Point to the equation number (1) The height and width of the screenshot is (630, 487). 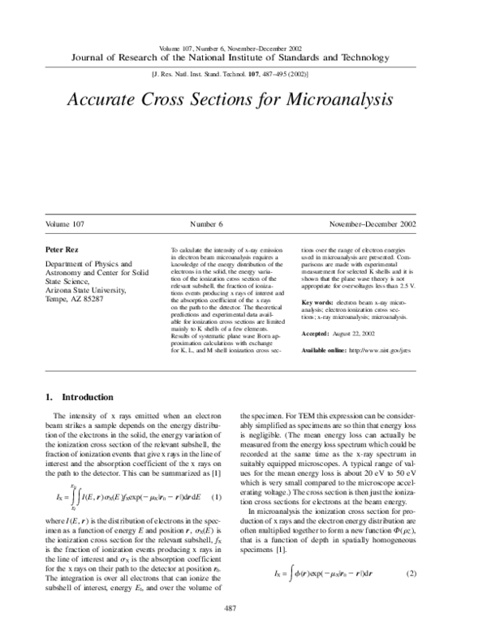(x=216, y=473)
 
